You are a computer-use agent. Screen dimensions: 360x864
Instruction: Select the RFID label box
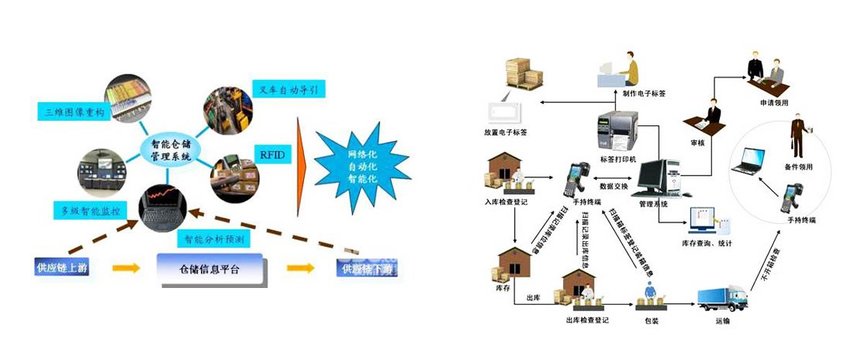tap(266, 154)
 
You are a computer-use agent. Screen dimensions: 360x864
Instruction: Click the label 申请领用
tap(774, 102)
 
